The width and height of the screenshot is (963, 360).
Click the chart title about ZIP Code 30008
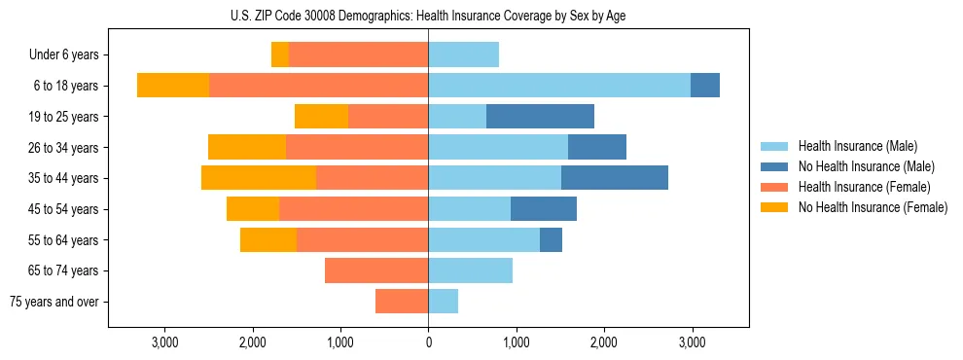pyautogui.click(x=428, y=16)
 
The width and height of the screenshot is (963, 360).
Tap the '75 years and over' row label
pyautogui.click(x=54, y=302)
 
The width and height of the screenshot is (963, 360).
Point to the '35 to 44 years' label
pyautogui.click(x=64, y=178)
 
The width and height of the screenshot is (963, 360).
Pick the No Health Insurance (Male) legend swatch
pyautogui.click(x=775, y=166)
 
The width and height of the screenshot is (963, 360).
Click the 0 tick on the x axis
pyautogui.click(x=428, y=342)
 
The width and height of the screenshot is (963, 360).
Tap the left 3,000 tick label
pyautogui.click(x=164, y=342)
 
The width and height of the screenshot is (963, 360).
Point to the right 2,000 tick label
pyautogui.click(x=603, y=342)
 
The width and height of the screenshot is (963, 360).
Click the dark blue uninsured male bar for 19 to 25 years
pyautogui.click(x=540, y=117)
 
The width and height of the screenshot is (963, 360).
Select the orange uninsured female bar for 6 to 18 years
pyautogui.click(x=173, y=86)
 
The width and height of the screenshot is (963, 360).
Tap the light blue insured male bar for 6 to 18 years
pyautogui.click(x=559, y=86)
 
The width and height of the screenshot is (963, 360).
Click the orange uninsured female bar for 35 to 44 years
pyautogui.click(x=259, y=178)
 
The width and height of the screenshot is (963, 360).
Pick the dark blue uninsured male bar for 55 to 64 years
pyautogui.click(x=551, y=239)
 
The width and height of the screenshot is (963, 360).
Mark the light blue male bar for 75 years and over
pyautogui.click(x=443, y=302)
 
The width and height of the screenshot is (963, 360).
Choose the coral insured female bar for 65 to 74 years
pyautogui.click(x=376, y=270)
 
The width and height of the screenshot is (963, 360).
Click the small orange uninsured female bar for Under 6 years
pyautogui.click(x=280, y=55)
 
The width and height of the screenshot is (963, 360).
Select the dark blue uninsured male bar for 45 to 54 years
pyautogui.click(x=544, y=209)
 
